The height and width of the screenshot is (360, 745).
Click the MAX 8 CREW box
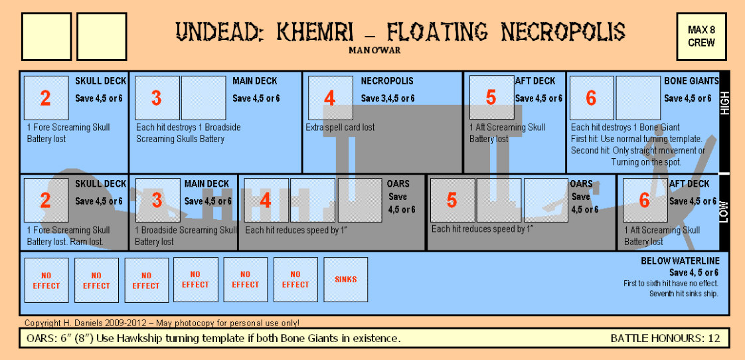[x=701, y=36]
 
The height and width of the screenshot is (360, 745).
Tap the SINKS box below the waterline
[x=345, y=280]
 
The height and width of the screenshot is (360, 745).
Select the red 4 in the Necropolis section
[x=330, y=98]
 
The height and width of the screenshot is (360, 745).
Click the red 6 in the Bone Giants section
[x=591, y=98]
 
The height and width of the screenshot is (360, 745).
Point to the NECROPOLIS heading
[x=387, y=81]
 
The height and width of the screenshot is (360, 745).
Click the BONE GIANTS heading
[x=691, y=81]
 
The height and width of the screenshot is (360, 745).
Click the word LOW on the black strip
[x=724, y=211]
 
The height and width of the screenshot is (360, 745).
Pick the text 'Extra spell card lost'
[x=340, y=128]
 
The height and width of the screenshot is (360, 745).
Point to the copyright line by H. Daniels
[x=162, y=323]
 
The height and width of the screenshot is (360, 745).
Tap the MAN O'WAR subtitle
[x=374, y=50]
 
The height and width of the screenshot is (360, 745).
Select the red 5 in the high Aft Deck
[x=491, y=98]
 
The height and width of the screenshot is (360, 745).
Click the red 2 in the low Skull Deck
[x=45, y=201]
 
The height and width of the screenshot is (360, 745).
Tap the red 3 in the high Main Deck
[x=157, y=98]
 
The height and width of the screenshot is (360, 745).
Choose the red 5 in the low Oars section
[x=452, y=200]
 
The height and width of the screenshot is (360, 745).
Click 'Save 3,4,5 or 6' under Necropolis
[x=388, y=98]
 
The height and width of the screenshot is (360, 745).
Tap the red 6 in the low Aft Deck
[x=644, y=200]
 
